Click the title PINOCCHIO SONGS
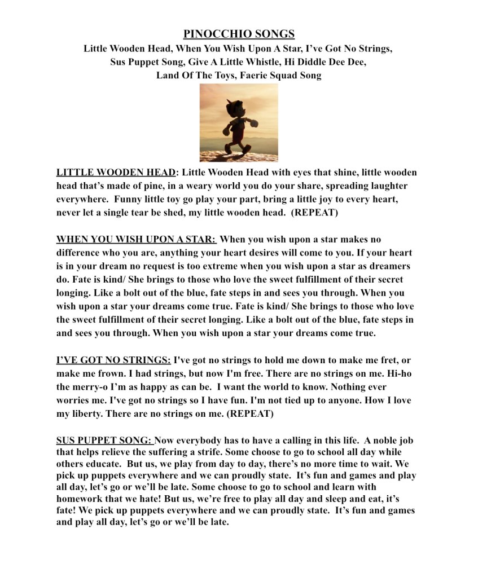(x=239, y=34)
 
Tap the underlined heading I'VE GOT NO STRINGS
(x=113, y=359)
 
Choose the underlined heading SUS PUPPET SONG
(x=104, y=439)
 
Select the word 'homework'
(x=80, y=499)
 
